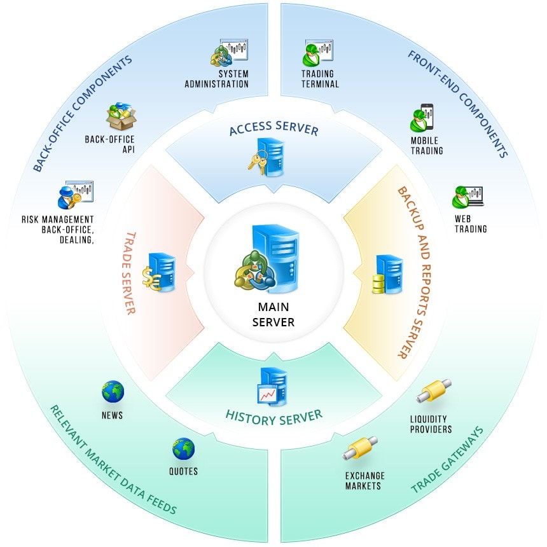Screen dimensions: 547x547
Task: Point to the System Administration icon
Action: pyautogui.click(x=229, y=53)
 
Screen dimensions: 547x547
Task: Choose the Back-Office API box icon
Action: pyautogui.click(x=121, y=118)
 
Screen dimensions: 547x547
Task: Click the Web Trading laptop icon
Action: pyautogui.click(x=467, y=197)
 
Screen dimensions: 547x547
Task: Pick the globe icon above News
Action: pyautogui.click(x=113, y=392)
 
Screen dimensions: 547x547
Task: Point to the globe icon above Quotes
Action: pyautogui.click(x=183, y=449)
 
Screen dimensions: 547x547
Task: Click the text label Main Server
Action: pyautogui.click(x=273, y=315)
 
